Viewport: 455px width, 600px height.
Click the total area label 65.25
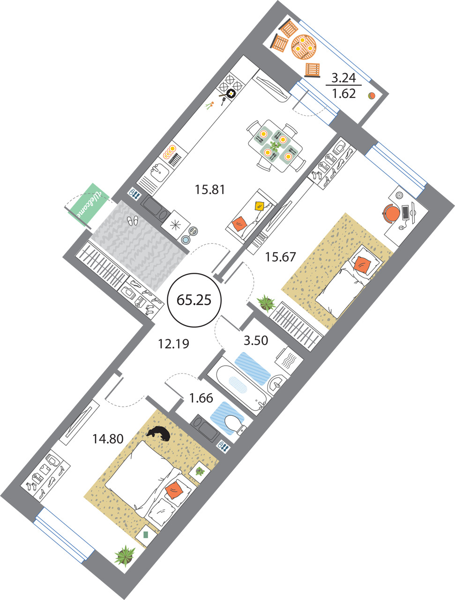pos(194,300)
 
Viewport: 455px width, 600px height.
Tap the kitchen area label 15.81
pos(210,189)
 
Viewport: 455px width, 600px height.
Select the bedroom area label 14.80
pos(108,439)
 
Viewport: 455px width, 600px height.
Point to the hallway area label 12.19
pos(173,344)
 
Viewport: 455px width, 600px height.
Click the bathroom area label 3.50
pos(256,340)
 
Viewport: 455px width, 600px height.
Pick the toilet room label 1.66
pos(201,398)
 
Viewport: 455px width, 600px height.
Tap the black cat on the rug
pos(159,434)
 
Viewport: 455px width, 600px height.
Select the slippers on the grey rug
pos(133,221)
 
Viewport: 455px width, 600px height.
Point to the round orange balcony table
pos(304,47)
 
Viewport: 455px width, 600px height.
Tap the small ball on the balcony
pos(371,96)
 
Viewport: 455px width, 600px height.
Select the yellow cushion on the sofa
pos(260,206)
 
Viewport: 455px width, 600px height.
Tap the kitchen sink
pos(160,172)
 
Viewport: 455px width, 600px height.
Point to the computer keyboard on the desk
pos(405,213)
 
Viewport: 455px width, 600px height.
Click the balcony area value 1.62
pos(344,94)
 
